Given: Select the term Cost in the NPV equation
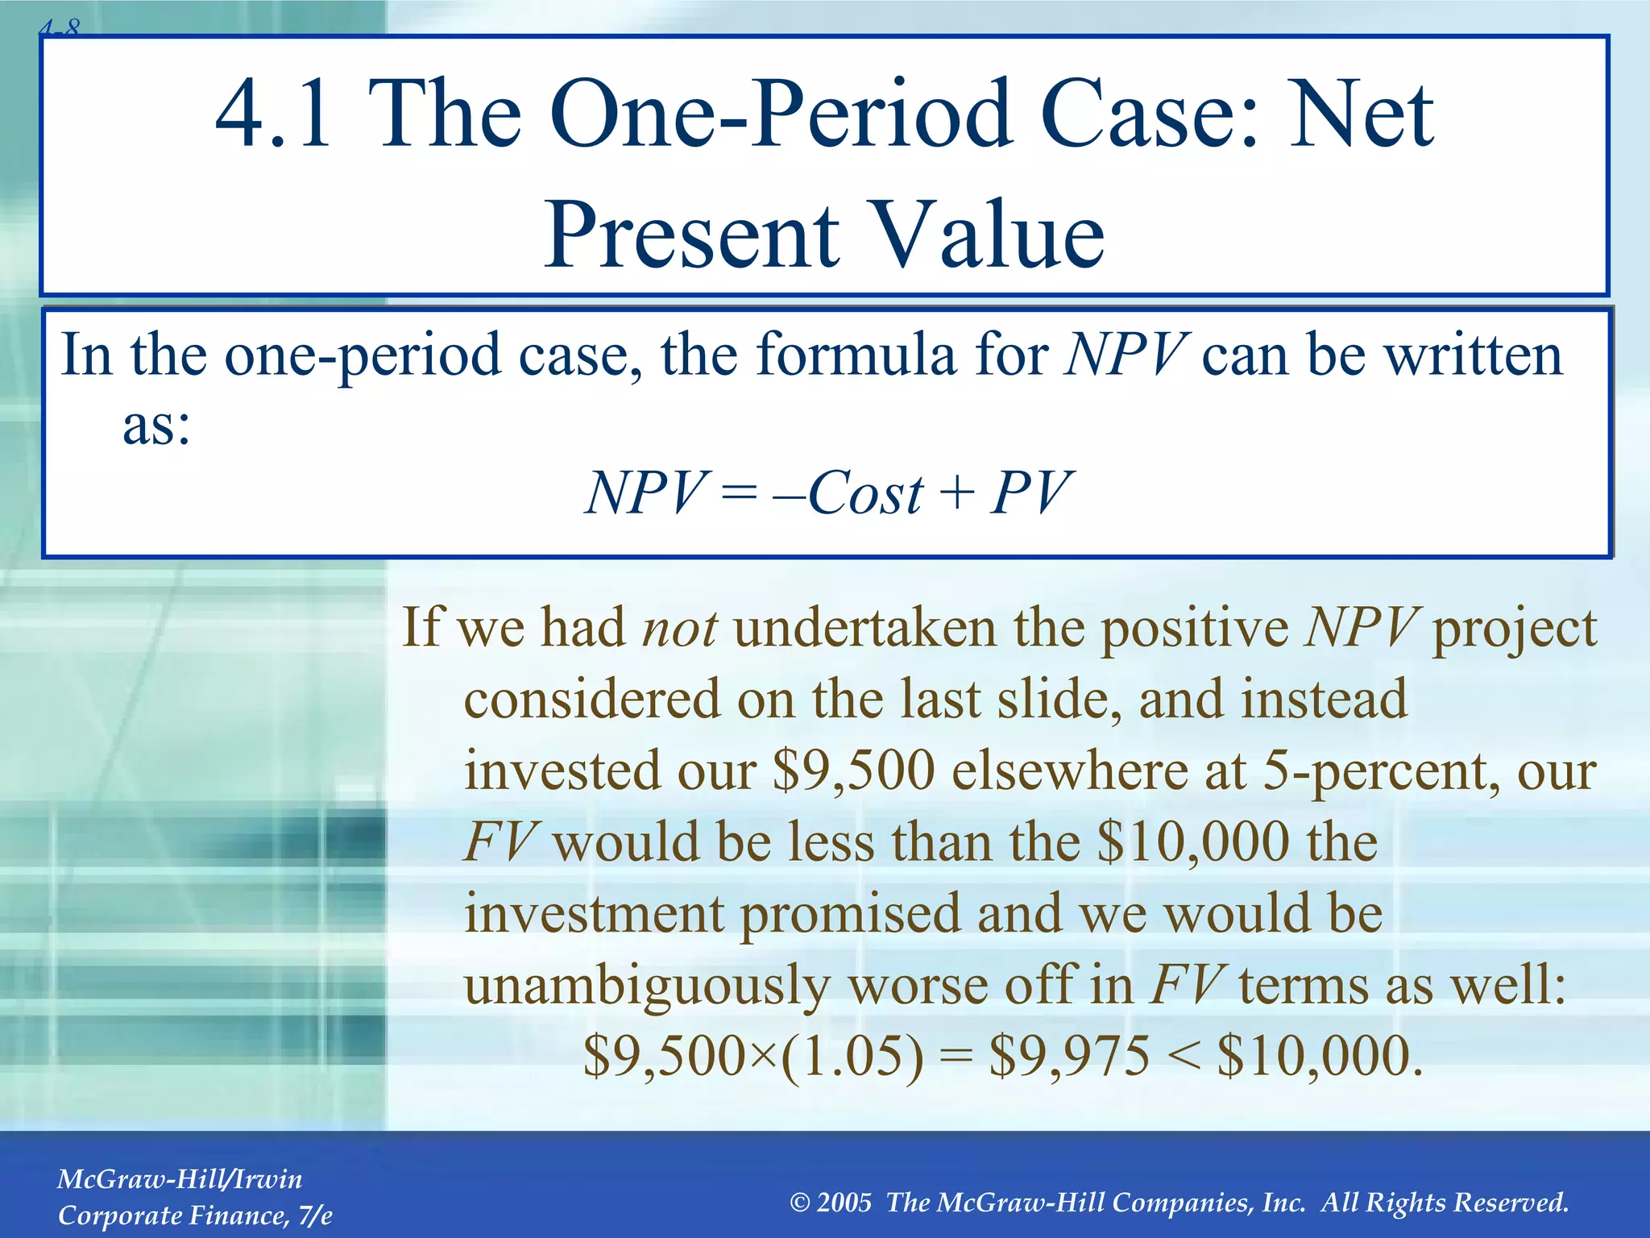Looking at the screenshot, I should coord(865,492).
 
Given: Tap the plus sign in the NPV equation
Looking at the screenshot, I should coord(956,492).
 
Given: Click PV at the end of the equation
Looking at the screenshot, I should coord(1031,492).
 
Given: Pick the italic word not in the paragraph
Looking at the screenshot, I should coord(679,628).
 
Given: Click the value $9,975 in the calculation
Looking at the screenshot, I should coord(1068,1057).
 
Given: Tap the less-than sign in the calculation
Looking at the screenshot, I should coord(1183,1057).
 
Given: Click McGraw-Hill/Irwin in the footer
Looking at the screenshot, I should coord(180,1179).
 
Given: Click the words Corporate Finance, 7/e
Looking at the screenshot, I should coord(195,1215).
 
